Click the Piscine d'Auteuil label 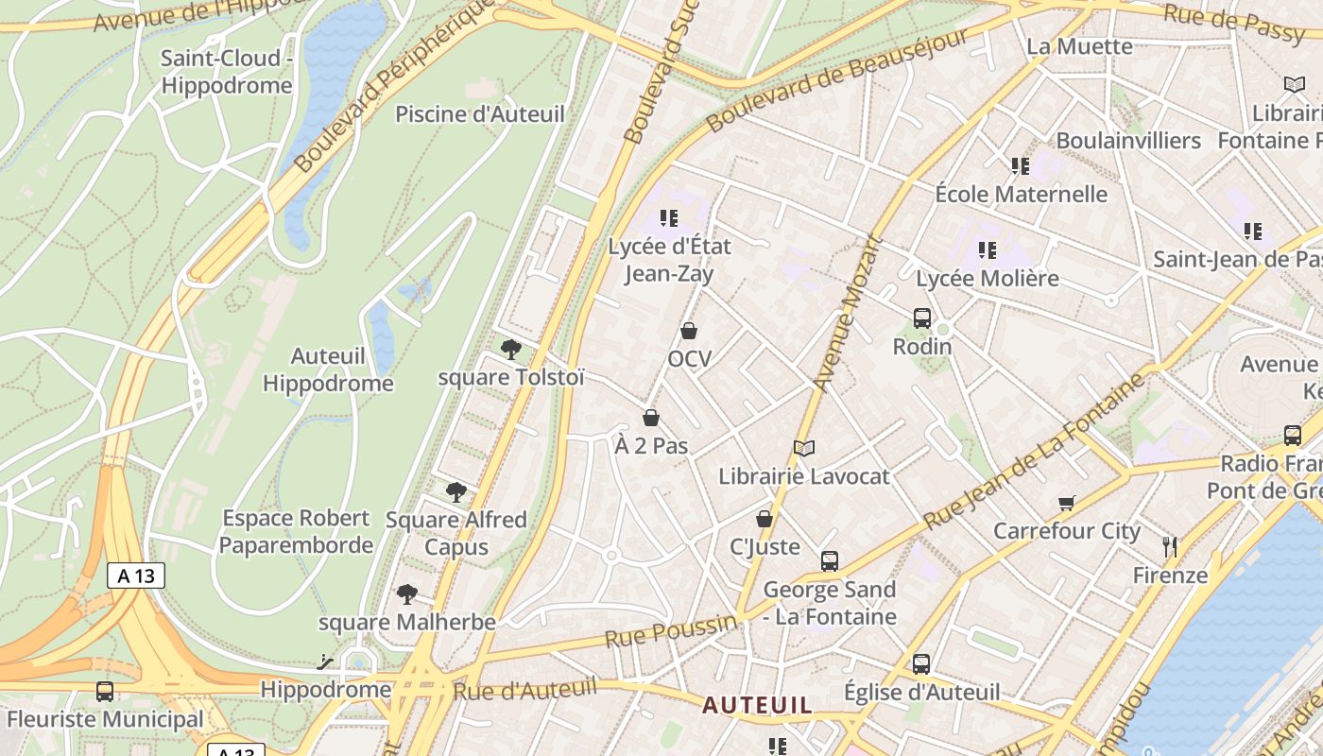(x=479, y=114)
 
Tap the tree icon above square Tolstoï (x=511, y=350)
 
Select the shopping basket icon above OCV (x=689, y=331)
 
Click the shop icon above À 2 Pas (x=651, y=418)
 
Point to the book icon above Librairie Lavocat (x=804, y=448)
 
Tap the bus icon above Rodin (x=922, y=318)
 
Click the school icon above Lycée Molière (x=988, y=250)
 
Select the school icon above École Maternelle (x=1021, y=166)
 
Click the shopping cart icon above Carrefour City (x=1067, y=503)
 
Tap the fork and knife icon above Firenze (x=1170, y=546)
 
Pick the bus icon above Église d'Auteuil (x=921, y=663)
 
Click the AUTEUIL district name (x=757, y=705)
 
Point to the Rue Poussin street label (x=671, y=629)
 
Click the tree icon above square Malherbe (x=407, y=594)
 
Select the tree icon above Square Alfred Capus (x=456, y=491)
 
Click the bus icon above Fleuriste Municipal (x=105, y=692)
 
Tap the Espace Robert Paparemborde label (x=297, y=531)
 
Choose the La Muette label (x=1079, y=46)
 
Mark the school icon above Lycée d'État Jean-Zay (x=670, y=218)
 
